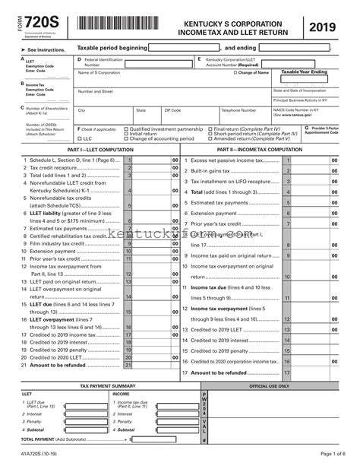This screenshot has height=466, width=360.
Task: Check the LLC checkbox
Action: pos(80,139)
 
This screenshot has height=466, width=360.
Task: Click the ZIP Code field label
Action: pos(172,110)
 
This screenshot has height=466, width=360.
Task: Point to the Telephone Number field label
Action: pos(238,110)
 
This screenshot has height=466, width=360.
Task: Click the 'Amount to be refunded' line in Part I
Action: pos(52,365)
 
